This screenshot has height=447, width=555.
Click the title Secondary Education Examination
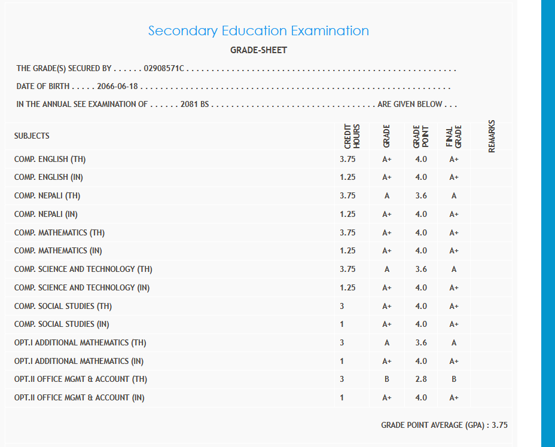point(258,30)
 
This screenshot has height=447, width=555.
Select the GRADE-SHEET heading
point(258,50)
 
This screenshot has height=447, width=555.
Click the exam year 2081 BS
point(194,104)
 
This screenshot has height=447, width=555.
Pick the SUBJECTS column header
point(32,136)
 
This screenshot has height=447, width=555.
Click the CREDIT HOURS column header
point(352,136)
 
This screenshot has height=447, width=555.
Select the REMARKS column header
point(492,136)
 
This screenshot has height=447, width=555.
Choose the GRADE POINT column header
point(420,136)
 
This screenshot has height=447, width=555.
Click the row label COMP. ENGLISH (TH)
point(54,160)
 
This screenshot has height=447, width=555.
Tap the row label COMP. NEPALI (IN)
point(46,214)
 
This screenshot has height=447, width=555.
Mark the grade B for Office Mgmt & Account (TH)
point(387,379)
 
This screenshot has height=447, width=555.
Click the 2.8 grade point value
point(421,379)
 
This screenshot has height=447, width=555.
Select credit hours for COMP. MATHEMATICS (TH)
point(347,232)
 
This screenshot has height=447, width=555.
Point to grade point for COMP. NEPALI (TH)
point(421,195)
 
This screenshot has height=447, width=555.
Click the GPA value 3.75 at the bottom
point(499,425)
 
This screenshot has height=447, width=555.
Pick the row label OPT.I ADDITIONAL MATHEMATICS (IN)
point(79,361)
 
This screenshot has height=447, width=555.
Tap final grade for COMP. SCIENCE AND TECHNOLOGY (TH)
point(454,269)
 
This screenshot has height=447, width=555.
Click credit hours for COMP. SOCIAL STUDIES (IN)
point(341,324)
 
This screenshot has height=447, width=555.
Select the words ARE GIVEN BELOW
point(410,104)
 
